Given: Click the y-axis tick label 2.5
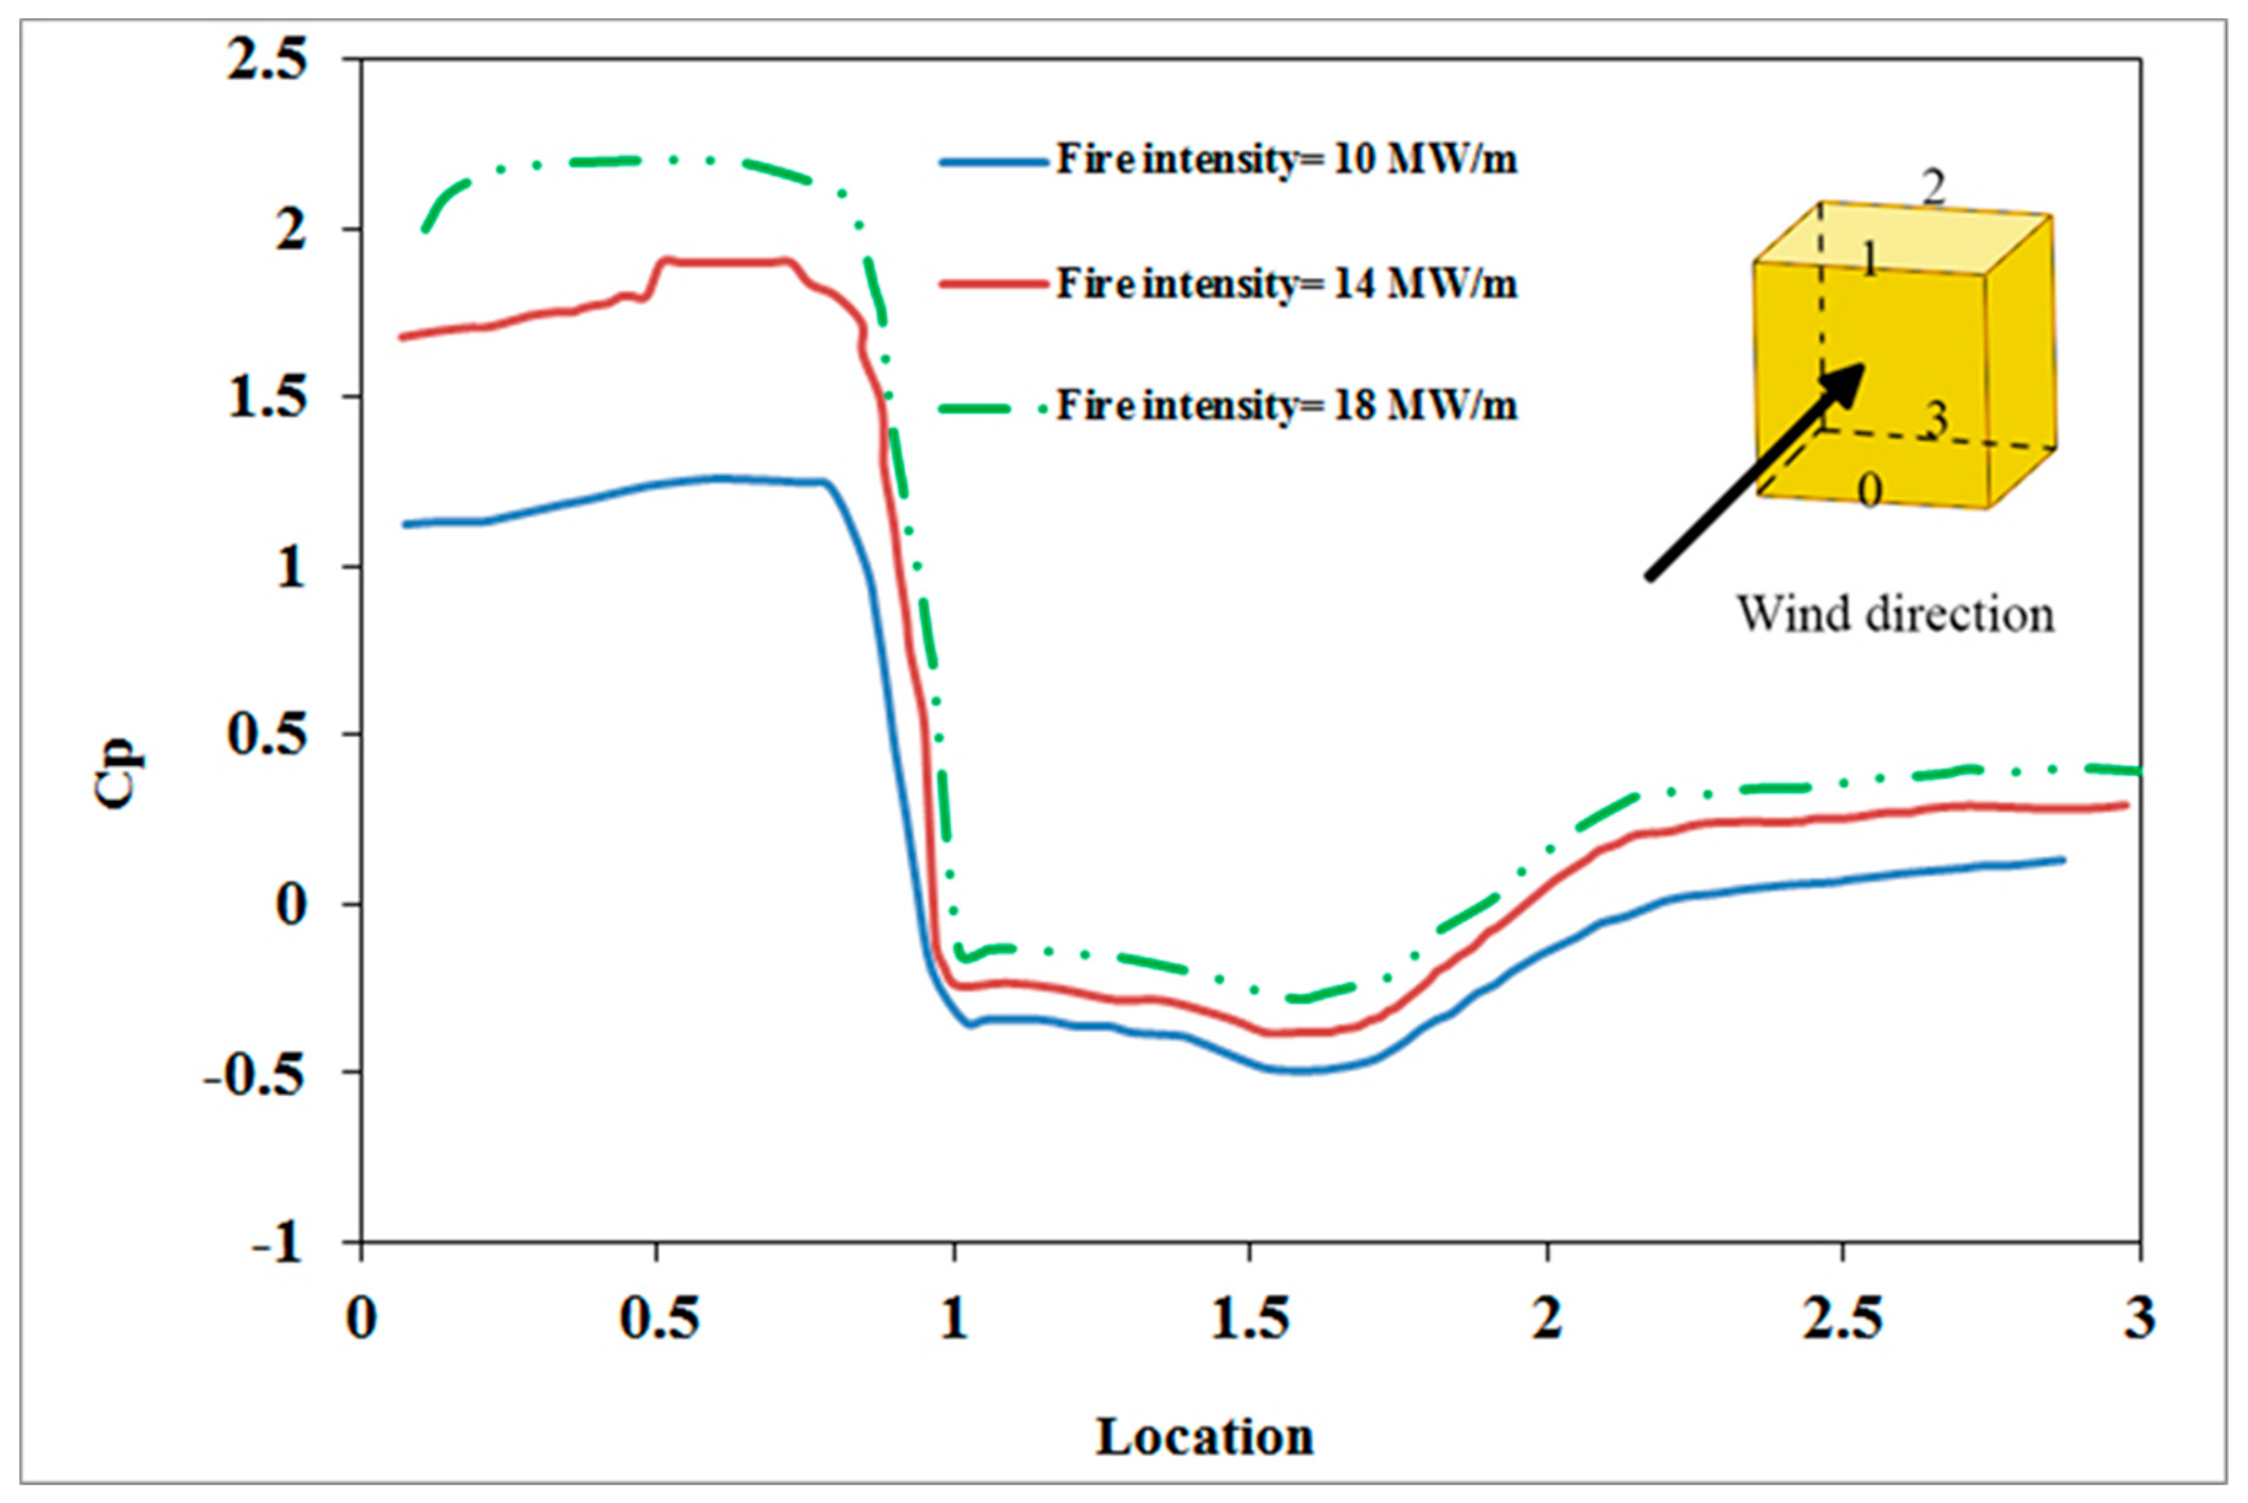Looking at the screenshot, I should coord(267,60).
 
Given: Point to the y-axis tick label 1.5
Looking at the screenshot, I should coord(267,397).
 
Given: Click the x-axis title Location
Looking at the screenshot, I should coord(1204,1436).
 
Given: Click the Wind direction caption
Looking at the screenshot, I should coord(1895,614).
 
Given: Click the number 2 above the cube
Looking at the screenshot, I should coord(1934,187).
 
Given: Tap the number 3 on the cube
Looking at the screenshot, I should coord(1936,419).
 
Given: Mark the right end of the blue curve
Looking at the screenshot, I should coord(2063,859).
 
